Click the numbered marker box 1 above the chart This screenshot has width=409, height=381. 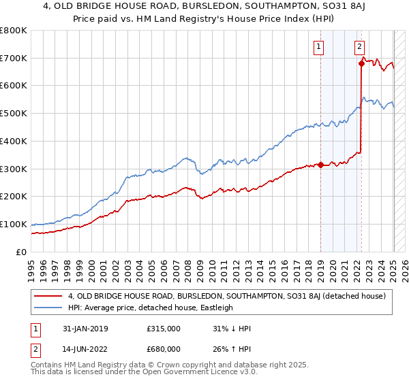coord(319,47)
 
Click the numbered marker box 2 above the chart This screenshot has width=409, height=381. coord(359,47)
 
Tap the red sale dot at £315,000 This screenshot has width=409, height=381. coord(320,165)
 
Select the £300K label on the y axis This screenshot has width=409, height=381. coord(14,169)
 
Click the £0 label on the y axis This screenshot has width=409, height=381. coord(21,252)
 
